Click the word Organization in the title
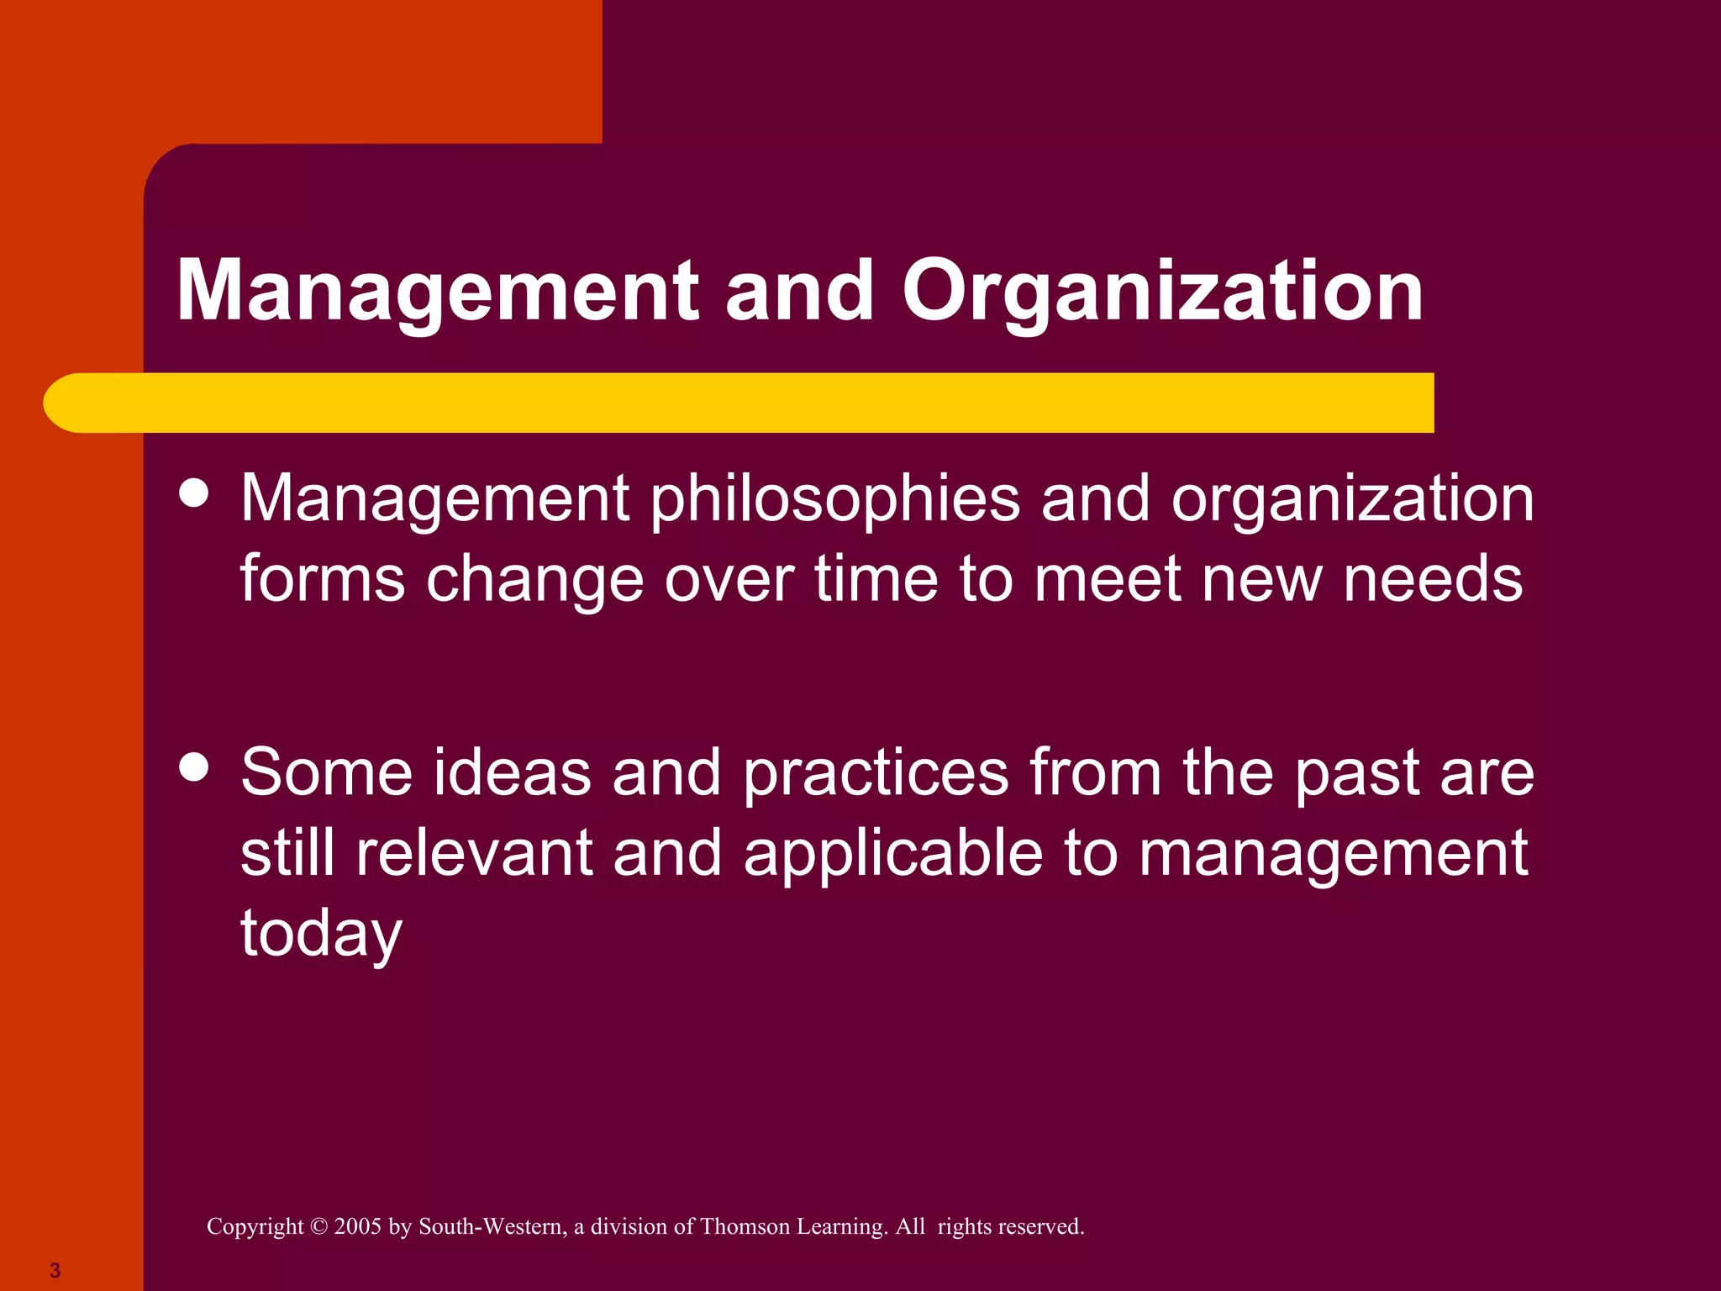coord(1162,292)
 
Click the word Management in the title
coord(438,292)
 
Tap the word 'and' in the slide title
coord(799,292)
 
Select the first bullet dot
coord(194,493)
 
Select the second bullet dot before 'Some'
coord(194,767)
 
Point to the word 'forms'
coord(323,579)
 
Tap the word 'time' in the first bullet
coord(876,579)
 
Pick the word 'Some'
coord(326,772)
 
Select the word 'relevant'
coord(474,853)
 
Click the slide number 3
coord(55,1270)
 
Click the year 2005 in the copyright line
coord(357,1226)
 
